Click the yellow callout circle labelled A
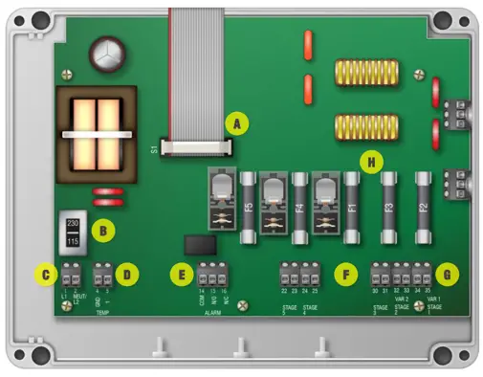[x=234, y=122]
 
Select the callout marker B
[x=99, y=231]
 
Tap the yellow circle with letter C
[x=44, y=274]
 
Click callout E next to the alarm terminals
[x=180, y=274]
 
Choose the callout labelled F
[x=343, y=274]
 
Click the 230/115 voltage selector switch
[x=73, y=232]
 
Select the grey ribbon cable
[x=195, y=67]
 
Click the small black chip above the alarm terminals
[x=196, y=244]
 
